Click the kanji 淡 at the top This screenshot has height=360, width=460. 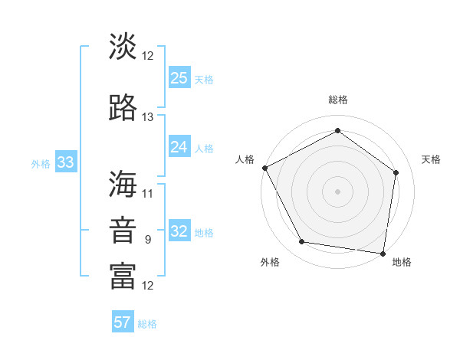123,47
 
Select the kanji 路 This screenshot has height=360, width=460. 123,109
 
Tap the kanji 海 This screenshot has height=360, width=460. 123,185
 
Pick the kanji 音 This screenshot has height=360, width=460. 123,231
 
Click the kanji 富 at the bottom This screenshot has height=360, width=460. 123,277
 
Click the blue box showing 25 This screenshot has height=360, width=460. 179,77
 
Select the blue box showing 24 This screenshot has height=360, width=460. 179,146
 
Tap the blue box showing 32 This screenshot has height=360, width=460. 179,231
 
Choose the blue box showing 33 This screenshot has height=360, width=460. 65,162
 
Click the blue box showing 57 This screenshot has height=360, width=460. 123,322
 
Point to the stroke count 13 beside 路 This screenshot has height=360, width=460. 148,117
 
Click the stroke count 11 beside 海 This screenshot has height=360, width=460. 148,193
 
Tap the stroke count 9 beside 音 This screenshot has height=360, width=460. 148,240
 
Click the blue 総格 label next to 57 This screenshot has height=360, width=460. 147,324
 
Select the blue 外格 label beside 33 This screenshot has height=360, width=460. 41,163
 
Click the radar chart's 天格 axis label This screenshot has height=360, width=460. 431,159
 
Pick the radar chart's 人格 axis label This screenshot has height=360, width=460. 245,159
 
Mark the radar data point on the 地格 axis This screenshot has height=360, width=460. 383,253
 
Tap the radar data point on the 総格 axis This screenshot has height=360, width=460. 337,130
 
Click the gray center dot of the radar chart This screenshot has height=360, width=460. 337,191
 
